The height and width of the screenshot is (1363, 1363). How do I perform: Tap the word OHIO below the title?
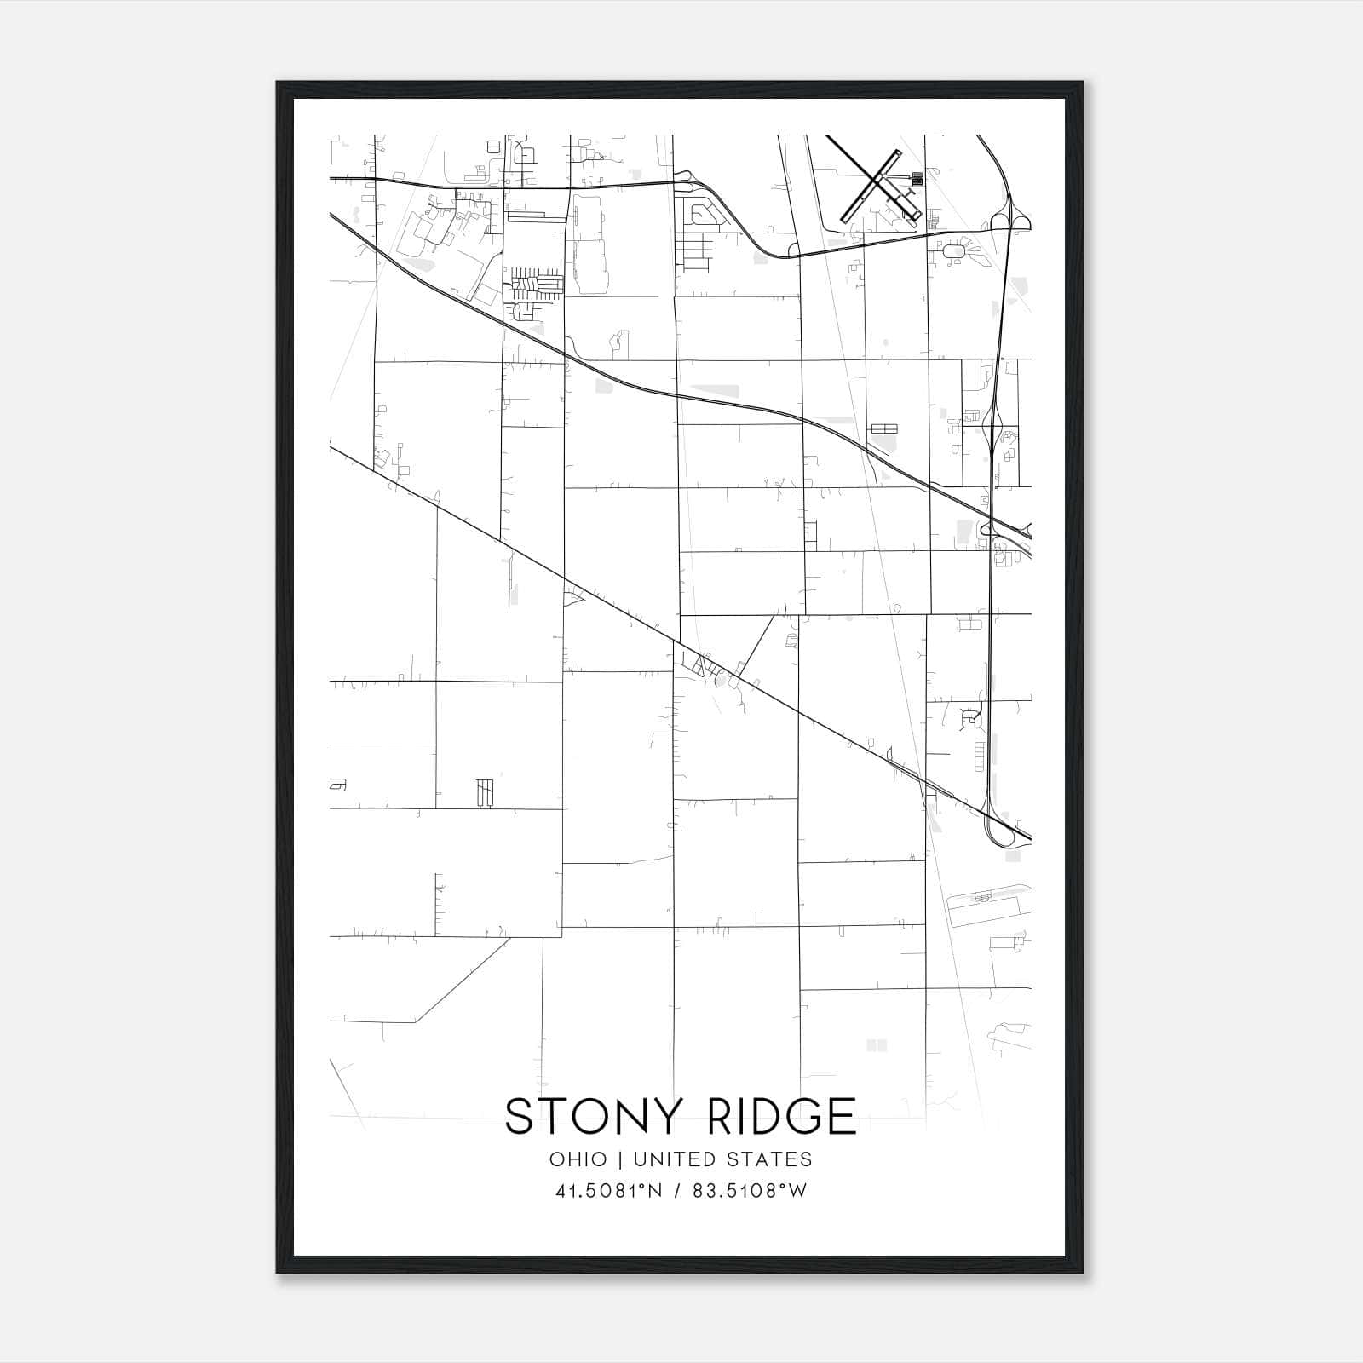coord(578,1159)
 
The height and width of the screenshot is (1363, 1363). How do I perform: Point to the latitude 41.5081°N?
coord(608,1191)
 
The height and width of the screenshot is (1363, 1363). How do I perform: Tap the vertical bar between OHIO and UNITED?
coord(620,1159)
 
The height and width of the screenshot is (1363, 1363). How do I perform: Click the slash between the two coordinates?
coord(678,1191)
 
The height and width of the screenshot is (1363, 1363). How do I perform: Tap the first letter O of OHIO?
coord(556,1159)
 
